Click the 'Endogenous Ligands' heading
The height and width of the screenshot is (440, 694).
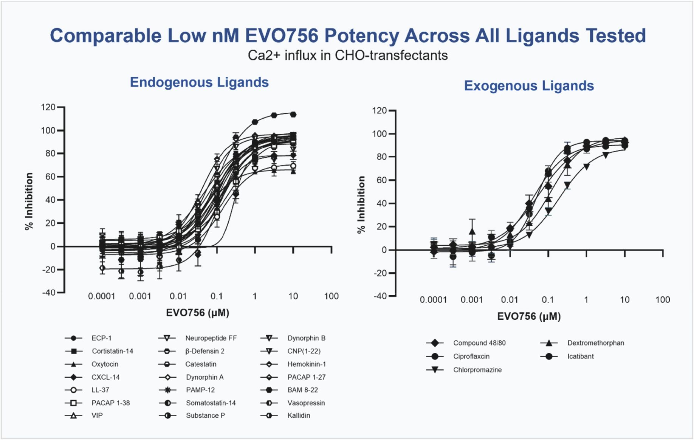[x=199, y=82]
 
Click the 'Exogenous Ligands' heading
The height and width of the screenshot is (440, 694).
[x=529, y=86]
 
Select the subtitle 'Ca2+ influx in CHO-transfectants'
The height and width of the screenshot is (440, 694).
[x=348, y=56]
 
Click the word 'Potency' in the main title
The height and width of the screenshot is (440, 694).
[x=361, y=36]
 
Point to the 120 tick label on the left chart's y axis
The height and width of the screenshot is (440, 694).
[x=48, y=107]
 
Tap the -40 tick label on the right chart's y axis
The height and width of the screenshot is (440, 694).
[x=380, y=296]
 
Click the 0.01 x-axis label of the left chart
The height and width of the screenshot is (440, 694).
[x=178, y=296]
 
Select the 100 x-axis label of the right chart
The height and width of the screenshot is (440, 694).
[x=663, y=300]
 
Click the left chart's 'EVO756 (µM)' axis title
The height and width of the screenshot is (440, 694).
[x=198, y=313]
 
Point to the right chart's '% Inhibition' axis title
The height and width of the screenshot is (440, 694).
[x=361, y=205]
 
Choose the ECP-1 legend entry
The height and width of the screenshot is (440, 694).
[x=101, y=338]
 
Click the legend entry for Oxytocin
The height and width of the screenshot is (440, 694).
[x=105, y=364]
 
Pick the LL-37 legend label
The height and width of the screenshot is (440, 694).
[x=100, y=390]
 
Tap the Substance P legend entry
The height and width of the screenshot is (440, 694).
[x=205, y=415]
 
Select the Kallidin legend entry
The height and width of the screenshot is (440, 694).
[x=299, y=415]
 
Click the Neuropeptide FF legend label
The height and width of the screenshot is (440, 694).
[x=211, y=338]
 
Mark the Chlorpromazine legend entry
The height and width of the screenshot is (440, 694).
[x=477, y=370]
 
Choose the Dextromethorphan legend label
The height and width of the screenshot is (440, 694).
[x=595, y=343]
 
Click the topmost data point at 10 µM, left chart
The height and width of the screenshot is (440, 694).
[x=293, y=114]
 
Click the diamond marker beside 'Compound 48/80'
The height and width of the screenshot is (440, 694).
[x=435, y=343]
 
